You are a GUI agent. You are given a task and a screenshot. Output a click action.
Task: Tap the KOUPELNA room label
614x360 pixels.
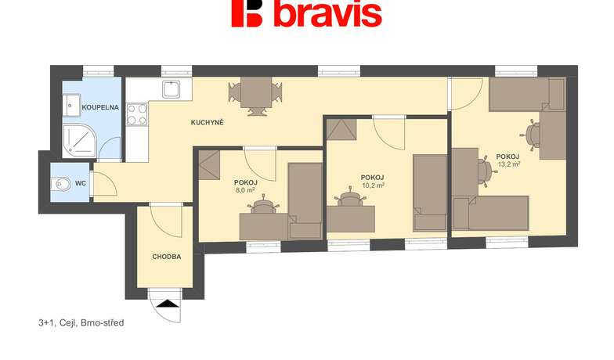[x=100, y=107]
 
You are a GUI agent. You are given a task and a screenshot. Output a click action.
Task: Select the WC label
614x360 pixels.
[x=81, y=183]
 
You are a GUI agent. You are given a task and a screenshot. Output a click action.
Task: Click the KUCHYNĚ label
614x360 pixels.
[x=207, y=122]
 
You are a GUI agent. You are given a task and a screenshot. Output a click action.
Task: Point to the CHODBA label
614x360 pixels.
[x=166, y=257]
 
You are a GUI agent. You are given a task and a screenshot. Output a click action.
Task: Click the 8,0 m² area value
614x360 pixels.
[x=246, y=190]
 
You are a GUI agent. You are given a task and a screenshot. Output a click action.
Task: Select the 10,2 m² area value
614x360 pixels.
[x=373, y=185]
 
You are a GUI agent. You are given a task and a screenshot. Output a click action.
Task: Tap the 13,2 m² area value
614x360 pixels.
[x=509, y=164]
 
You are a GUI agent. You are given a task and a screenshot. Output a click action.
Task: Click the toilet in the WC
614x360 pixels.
[x=61, y=183]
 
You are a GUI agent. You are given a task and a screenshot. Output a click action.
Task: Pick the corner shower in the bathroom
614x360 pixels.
[x=80, y=140]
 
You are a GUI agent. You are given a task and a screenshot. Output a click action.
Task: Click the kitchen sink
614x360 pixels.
[x=171, y=89]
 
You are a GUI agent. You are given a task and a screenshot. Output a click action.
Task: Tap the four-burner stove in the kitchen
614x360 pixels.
[x=137, y=114]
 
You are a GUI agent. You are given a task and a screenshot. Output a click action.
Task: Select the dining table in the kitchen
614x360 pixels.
[x=256, y=92]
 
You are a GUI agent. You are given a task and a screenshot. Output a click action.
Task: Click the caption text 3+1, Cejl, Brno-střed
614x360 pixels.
[x=81, y=322]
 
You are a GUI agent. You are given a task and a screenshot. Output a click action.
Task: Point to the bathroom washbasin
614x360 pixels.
[x=72, y=105]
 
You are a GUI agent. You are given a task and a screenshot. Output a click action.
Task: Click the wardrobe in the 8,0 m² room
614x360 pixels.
[x=210, y=164]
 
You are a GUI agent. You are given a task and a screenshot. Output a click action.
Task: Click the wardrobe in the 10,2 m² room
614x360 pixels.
[x=341, y=128]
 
